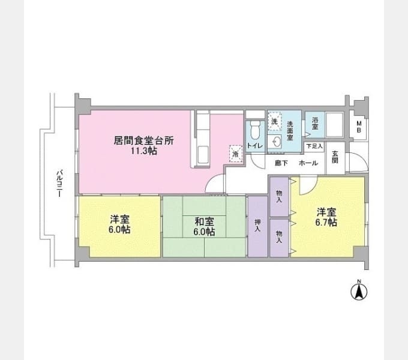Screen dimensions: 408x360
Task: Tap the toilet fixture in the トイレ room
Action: click(x=255, y=131)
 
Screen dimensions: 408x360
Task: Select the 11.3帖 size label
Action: click(x=143, y=151)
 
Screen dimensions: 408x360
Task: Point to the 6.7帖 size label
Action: click(x=326, y=222)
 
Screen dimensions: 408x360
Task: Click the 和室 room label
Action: click(x=205, y=221)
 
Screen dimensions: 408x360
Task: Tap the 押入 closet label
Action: click(x=257, y=226)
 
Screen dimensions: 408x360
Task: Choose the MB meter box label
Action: click(x=359, y=127)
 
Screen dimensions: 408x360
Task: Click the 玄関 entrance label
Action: click(x=335, y=157)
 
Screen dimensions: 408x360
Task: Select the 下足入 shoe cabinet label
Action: click(x=314, y=146)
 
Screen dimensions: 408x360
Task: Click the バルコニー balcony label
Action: click(x=60, y=184)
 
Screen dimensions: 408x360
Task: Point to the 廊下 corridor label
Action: click(x=281, y=163)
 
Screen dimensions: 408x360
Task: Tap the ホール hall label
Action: click(x=308, y=163)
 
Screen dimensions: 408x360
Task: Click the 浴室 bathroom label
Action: click(x=315, y=123)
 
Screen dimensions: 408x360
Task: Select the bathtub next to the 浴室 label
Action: click(x=335, y=124)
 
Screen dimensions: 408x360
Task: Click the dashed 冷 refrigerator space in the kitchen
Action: click(x=236, y=154)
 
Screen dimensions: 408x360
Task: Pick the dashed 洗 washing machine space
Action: click(x=275, y=121)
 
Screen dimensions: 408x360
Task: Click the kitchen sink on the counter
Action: click(x=203, y=155)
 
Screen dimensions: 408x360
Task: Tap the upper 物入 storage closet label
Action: click(x=279, y=196)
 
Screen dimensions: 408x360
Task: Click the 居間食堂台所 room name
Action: click(x=143, y=140)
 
